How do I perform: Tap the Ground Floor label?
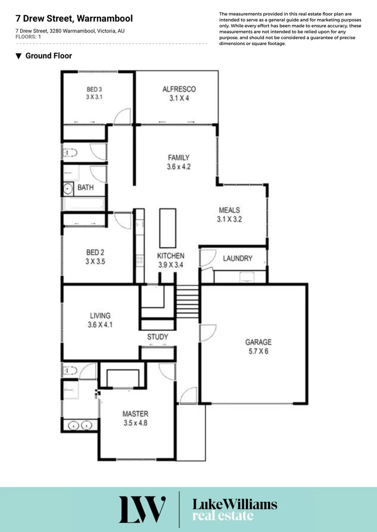click(x=48, y=56)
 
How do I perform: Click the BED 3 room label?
click(x=94, y=89)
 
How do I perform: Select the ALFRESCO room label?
click(x=179, y=89)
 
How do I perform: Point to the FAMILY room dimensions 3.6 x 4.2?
click(x=179, y=167)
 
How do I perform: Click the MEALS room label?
click(x=229, y=210)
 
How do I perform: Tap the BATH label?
click(x=85, y=188)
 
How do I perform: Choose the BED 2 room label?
click(x=95, y=253)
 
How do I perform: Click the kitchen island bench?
click(x=167, y=228)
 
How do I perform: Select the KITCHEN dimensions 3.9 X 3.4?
click(x=171, y=265)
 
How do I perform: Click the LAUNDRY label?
click(x=237, y=258)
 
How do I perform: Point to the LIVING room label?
click(x=100, y=316)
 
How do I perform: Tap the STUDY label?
click(x=157, y=337)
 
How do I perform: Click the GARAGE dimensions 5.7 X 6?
click(x=259, y=351)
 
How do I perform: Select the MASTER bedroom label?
click(x=135, y=414)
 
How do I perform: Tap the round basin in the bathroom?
click(x=68, y=188)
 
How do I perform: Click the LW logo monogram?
click(x=142, y=509)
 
